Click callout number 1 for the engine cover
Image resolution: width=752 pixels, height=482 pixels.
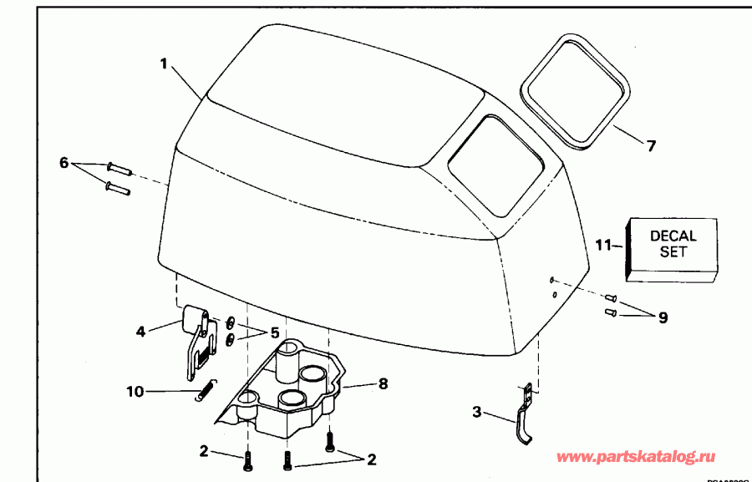coord(165,63)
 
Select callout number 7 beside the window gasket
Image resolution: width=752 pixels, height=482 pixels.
coord(651,145)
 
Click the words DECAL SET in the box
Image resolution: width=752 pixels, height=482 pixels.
coord(673,244)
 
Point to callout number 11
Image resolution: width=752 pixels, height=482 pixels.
coord(605,245)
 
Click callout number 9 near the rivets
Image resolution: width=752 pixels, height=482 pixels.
coord(663,317)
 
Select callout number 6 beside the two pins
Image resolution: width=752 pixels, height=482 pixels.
coord(64,162)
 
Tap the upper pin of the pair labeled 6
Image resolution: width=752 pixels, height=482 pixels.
coord(119,167)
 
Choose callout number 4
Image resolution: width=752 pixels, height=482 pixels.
coord(140,332)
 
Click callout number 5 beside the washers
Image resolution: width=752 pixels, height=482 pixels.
coord(273,332)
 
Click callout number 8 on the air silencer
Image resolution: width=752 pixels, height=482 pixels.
coord(383,385)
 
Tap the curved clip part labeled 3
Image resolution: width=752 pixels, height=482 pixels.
coord(521,418)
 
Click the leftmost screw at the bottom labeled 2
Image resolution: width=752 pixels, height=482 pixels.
coord(248,459)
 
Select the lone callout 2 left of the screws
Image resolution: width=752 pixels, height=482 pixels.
coord(203,452)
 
